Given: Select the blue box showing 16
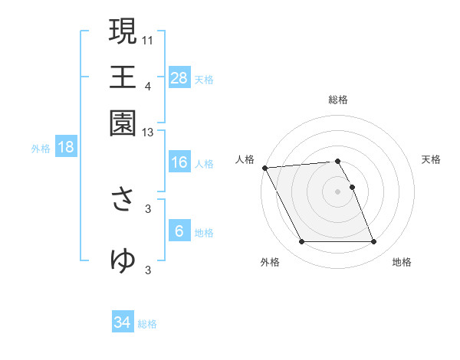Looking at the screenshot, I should pyautogui.click(x=179, y=162).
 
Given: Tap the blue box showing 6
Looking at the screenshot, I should pyautogui.click(x=179, y=231).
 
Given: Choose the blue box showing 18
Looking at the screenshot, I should pyautogui.click(x=65, y=148).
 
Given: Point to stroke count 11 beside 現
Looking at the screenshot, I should pyautogui.click(x=148, y=39).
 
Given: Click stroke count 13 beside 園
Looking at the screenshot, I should pyautogui.click(x=148, y=133).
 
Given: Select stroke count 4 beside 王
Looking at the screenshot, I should pyautogui.click(x=148, y=87).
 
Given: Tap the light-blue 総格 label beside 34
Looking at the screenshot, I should pyautogui.click(x=148, y=324).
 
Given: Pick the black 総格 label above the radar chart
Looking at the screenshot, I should pyautogui.click(x=338, y=100).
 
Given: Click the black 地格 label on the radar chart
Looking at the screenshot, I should pyautogui.click(x=402, y=263).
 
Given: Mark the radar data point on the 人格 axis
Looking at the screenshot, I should pyautogui.click(x=264, y=168).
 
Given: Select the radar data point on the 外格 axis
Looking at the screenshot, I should pyautogui.click(x=301, y=242).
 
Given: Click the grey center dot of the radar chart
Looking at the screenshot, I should pyautogui.click(x=338, y=191).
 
